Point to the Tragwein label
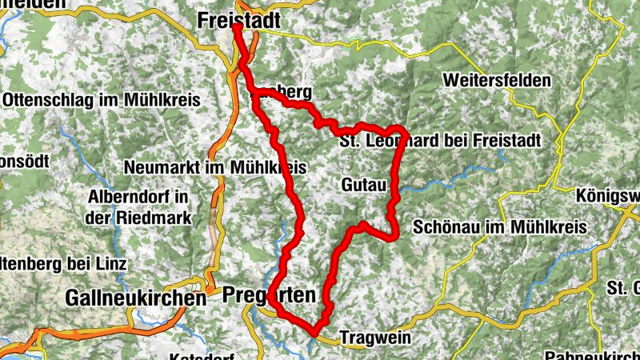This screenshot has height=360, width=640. coord(374,338)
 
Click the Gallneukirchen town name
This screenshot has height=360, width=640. coord(135,297)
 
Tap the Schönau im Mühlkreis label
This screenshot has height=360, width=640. coord(501,227)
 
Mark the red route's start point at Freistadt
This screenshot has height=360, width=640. coord(238,27)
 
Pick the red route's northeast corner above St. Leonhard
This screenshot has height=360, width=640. coord(402,130)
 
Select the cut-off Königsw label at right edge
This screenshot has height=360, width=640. coord(609,196)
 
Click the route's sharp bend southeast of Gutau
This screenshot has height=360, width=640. coord(394,234)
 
